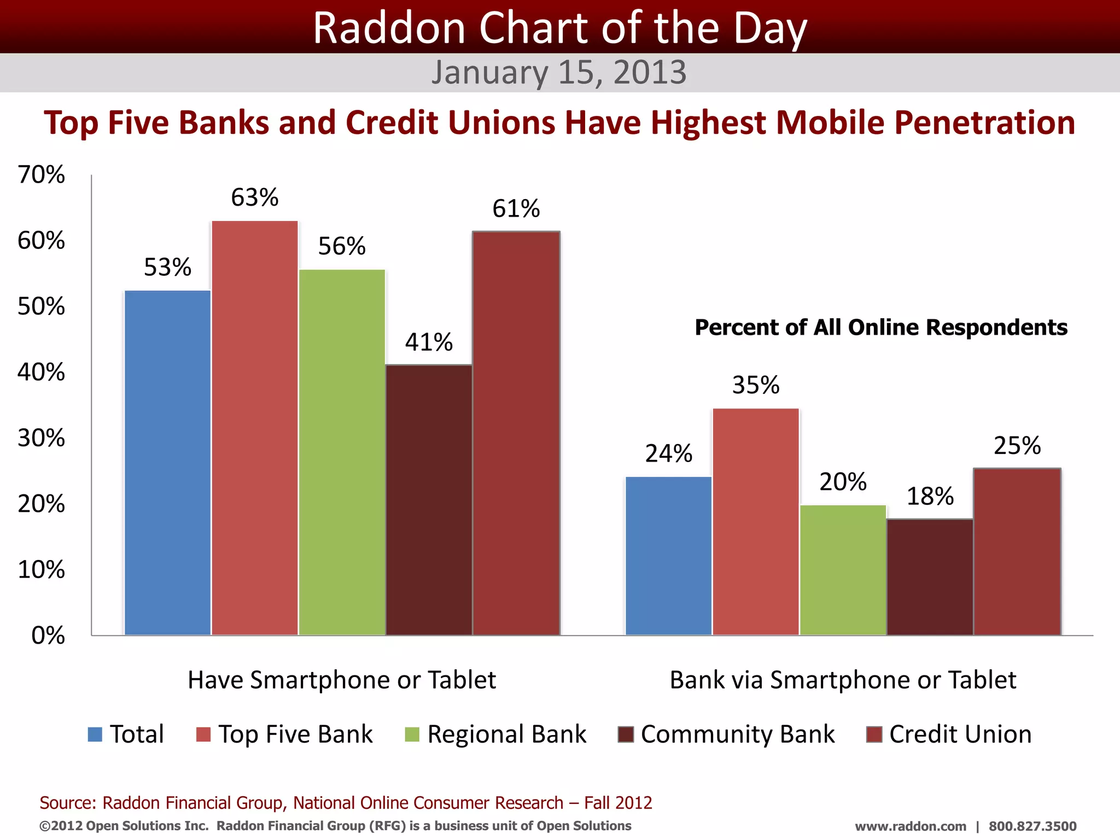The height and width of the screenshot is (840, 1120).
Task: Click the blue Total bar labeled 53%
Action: click(x=167, y=462)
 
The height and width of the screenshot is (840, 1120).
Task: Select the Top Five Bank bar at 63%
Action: click(x=255, y=428)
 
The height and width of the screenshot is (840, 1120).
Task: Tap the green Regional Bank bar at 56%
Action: click(x=342, y=452)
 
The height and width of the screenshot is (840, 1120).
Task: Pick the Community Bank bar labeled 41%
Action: click(x=429, y=499)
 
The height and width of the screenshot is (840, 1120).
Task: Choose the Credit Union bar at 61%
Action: click(x=516, y=433)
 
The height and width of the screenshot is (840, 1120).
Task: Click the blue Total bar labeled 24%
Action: click(x=668, y=556)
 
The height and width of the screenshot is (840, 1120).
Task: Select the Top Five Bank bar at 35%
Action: click(x=756, y=521)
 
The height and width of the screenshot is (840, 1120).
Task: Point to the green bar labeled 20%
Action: click(x=843, y=570)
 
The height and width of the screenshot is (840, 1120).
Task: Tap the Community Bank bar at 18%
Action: click(x=930, y=577)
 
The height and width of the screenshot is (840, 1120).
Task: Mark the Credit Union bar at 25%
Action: click(x=1017, y=551)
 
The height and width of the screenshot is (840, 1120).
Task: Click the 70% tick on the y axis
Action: click(x=41, y=175)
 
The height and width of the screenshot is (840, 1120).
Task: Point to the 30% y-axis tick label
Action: click(x=41, y=439)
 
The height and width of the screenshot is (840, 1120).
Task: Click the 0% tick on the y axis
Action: click(x=48, y=635)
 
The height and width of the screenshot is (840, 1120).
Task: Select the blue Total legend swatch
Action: click(x=95, y=734)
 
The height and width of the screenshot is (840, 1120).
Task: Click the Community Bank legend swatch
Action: click(x=626, y=734)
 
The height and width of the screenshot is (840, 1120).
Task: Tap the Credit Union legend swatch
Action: click(x=874, y=734)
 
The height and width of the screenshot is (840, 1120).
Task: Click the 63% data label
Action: click(x=255, y=197)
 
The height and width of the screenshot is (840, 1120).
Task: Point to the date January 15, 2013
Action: click(x=559, y=72)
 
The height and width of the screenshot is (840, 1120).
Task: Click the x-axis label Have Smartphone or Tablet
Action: click(x=342, y=680)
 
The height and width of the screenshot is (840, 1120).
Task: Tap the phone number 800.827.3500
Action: click(x=1032, y=826)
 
